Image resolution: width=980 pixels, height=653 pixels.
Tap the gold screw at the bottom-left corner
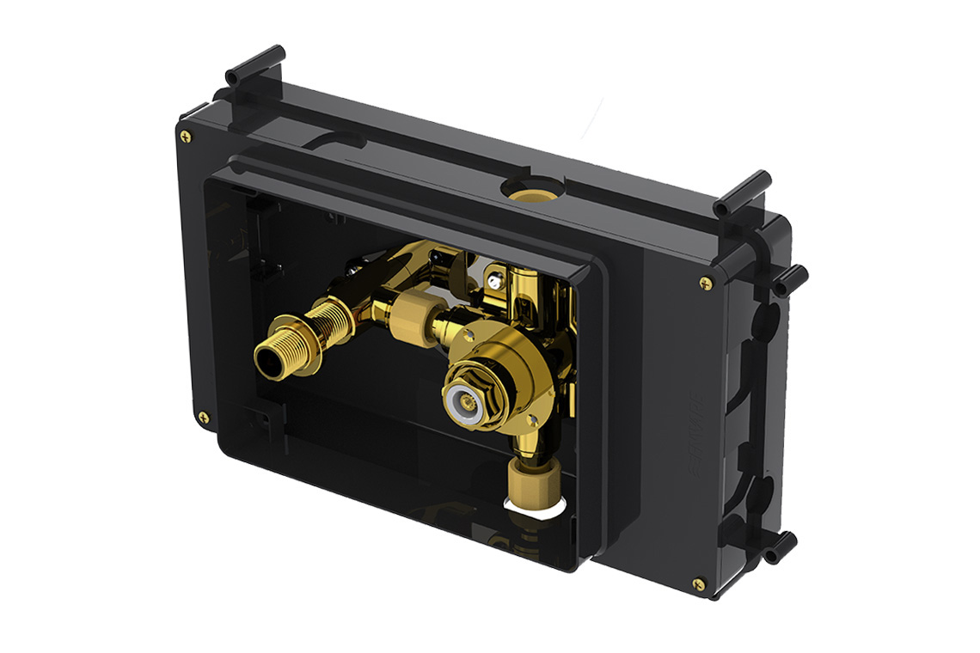click(204, 418)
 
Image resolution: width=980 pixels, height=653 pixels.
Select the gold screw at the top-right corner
click(706, 282)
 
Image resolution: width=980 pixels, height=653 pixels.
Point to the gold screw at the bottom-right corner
click(698, 585)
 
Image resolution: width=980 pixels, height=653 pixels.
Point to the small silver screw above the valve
click(493, 278)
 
